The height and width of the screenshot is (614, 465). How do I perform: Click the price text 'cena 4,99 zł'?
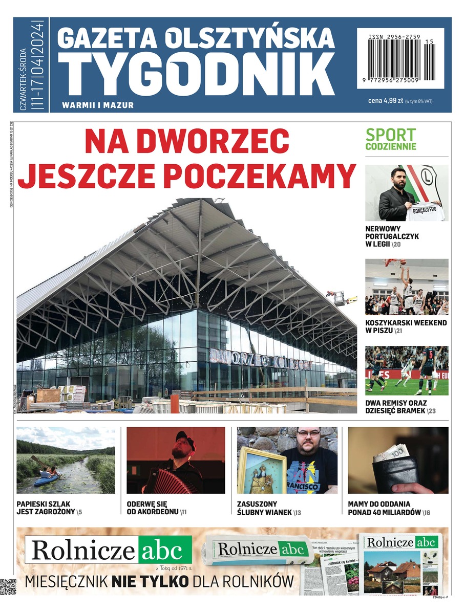pos(386,101)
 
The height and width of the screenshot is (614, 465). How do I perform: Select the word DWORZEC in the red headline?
pos(187,140)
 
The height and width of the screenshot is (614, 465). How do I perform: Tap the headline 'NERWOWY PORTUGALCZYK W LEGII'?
pos(392,236)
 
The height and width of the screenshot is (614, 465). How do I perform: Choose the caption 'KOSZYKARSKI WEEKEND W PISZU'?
pos(406,326)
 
